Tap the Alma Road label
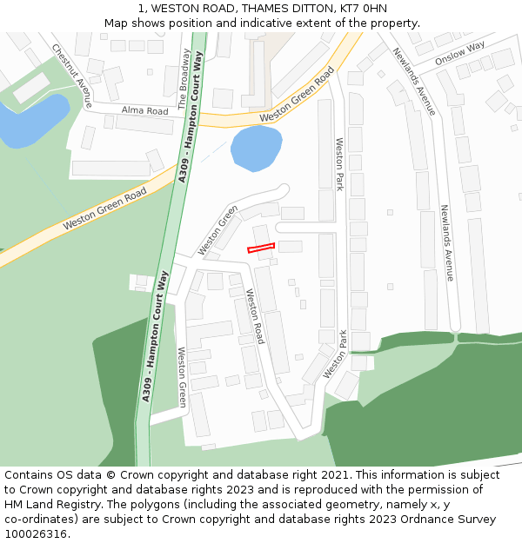tap(144, 111)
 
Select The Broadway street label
tap(184, 78)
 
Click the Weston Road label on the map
tap(254, 315)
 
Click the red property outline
tap(261, 248)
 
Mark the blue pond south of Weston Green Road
tap(256, 147)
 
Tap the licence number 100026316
tap(36, 534)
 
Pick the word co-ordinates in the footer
tap(39, 520)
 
